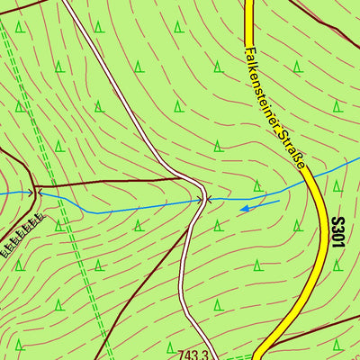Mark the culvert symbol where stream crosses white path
[x=204, y=199]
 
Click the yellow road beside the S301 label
[x=317, y=252]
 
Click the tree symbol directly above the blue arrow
[x=257, y=185]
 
